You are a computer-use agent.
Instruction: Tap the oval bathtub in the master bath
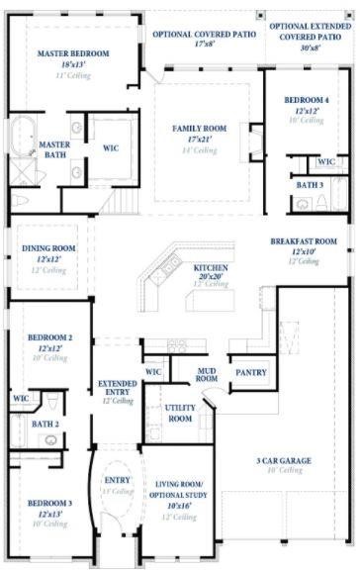[22, 136]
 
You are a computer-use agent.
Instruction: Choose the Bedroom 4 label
[305, 100]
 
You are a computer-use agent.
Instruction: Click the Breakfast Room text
[304, 240]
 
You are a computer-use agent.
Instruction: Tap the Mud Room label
[207, 373]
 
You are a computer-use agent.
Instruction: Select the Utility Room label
[180, 413]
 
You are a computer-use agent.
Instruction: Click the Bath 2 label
[45, 424]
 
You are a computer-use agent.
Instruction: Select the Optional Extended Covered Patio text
[309, 30]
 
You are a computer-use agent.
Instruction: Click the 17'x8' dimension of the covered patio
[205, 45]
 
